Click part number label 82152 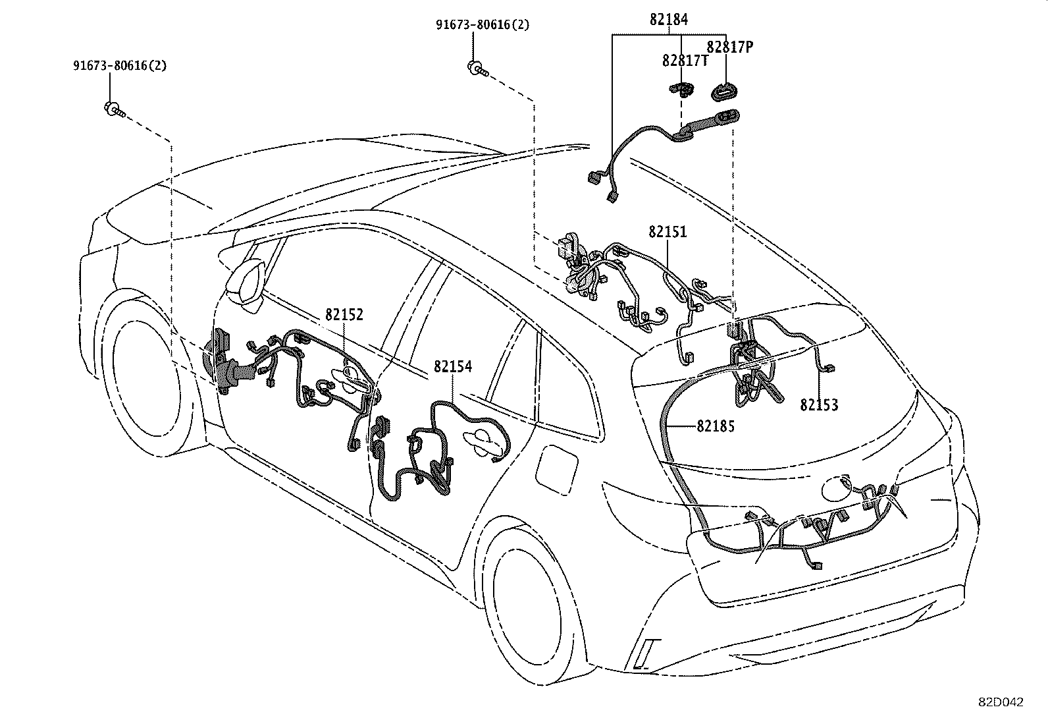pos(344,315)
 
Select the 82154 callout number pos(452,367)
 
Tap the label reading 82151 pos(668,232)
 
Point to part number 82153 pos(819,405)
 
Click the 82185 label pos(716,426)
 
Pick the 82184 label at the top pos(668,20)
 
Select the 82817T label pos(685,61)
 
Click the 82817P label pos(729,47)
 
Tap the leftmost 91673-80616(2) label pos(119,66)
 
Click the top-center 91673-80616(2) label pos(482,25)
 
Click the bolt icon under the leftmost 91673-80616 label pos(113,109)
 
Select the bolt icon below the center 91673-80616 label pos(477,68)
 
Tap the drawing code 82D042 pos(1000,702)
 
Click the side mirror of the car pos(245,280)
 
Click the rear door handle pos(486,440)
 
